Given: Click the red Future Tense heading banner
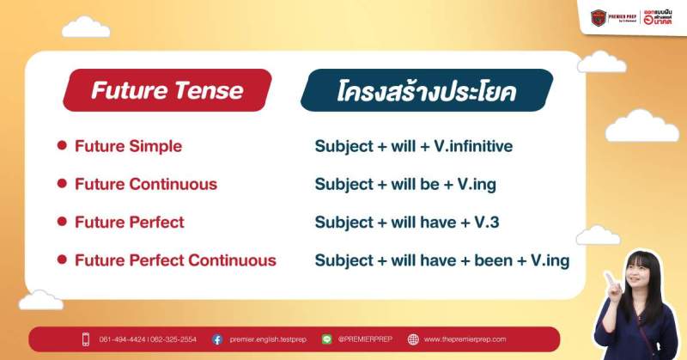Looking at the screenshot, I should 167,90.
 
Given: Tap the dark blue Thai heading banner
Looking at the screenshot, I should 426,90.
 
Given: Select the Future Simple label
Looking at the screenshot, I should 128,146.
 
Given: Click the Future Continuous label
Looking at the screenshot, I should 145,184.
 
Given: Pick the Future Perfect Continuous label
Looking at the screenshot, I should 175,259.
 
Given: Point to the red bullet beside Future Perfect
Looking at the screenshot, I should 62,222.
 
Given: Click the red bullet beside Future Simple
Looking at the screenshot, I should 62,146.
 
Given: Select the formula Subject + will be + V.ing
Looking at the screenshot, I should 405,184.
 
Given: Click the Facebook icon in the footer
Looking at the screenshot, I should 217,339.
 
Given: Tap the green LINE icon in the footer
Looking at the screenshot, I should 326,339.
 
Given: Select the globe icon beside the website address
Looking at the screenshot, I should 413,339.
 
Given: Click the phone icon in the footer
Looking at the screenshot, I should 86,339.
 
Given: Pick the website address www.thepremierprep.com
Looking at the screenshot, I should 465,339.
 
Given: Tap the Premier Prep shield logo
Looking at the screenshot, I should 599,16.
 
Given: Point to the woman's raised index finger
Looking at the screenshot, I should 609,277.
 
